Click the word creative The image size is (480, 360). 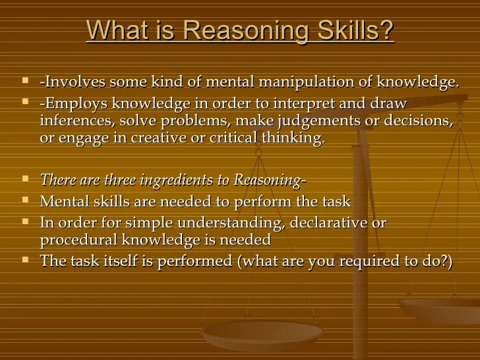click(153, 138)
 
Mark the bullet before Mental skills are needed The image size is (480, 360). click(25, 200)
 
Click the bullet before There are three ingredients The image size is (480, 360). click(25, 179)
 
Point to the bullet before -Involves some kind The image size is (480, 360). click(25, 81)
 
